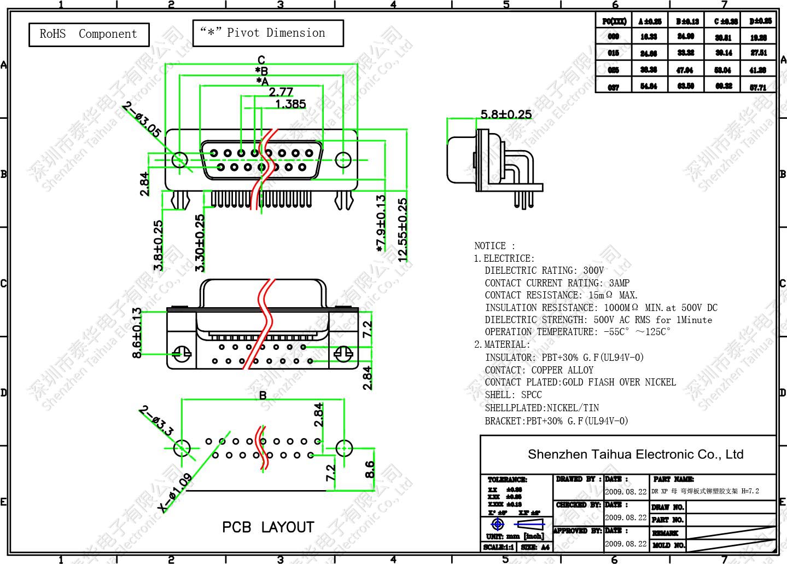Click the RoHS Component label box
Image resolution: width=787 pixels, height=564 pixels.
tap(89, 34)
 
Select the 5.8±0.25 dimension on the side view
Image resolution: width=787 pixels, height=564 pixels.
tap(506, 114)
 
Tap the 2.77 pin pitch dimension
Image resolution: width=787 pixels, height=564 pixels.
tap(281, 92)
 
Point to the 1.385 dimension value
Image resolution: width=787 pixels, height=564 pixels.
tap(290, 104)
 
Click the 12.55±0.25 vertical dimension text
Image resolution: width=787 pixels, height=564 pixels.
tap(403, 230)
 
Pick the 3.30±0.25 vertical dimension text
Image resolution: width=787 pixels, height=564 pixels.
tap(200, 243)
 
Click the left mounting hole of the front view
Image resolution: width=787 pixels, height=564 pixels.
tap(179, 159)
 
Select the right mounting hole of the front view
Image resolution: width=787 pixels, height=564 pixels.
tap(343, 159)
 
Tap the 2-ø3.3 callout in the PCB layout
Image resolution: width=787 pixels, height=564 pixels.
tap(156, 421)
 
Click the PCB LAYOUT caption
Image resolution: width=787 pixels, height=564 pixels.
tap(268, 527)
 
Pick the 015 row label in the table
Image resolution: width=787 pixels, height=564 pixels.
tap(614, 53)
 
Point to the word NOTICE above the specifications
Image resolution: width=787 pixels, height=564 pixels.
tap(491, 246)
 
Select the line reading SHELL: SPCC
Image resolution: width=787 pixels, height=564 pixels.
tap(513, 395)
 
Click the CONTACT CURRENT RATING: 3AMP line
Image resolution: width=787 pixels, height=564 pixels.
tap(557, 283)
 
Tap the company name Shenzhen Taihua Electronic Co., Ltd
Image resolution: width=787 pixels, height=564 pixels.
tap(635, 454)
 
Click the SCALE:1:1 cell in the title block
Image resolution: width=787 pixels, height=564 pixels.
tap(498, 547)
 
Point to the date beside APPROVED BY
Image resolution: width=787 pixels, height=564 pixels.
tap(626, 544)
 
